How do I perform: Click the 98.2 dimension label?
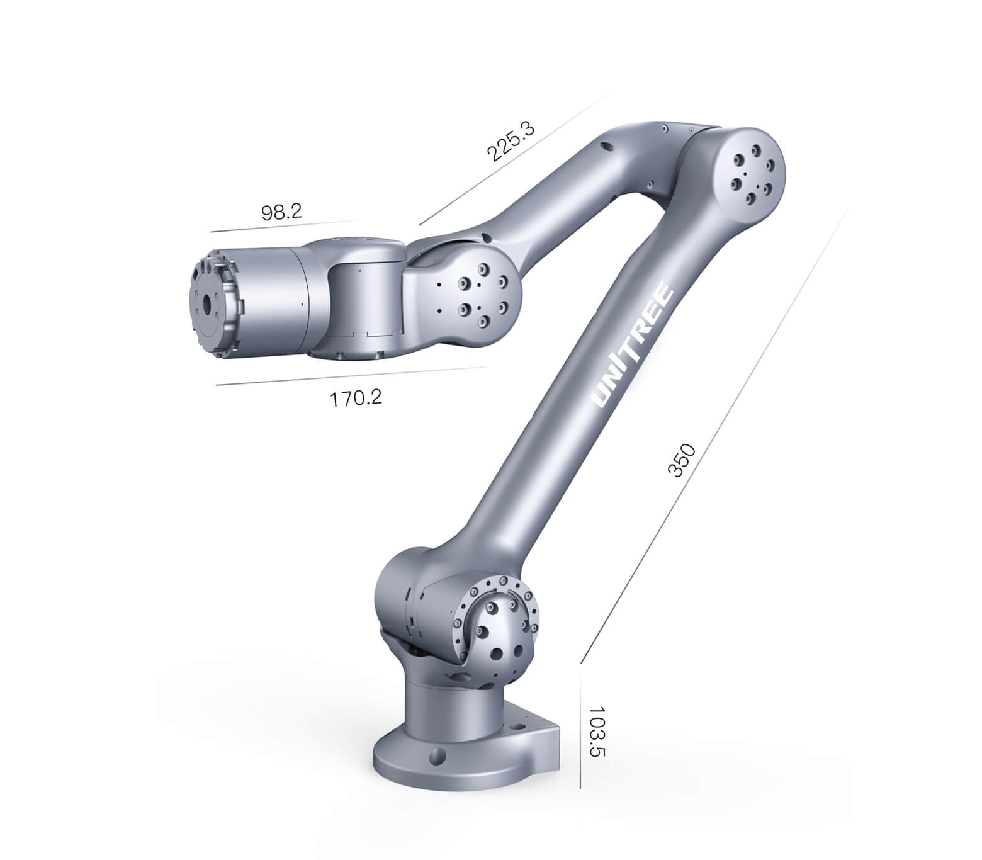pos(281,212)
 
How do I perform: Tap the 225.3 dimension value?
pos(510,142)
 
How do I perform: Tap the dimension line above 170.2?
pos(351,376)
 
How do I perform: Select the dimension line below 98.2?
pos(285,226)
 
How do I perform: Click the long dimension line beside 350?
pos(714,437)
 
